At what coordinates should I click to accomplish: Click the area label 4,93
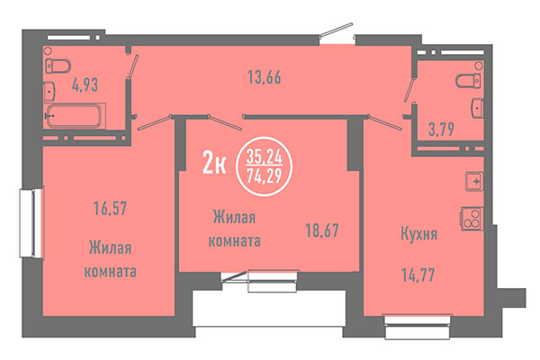coord(85,86)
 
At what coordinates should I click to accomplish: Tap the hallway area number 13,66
coord(265,76)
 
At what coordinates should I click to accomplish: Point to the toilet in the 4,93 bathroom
coord(58,65)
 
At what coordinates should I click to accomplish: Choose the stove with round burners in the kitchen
coord(471,217)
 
